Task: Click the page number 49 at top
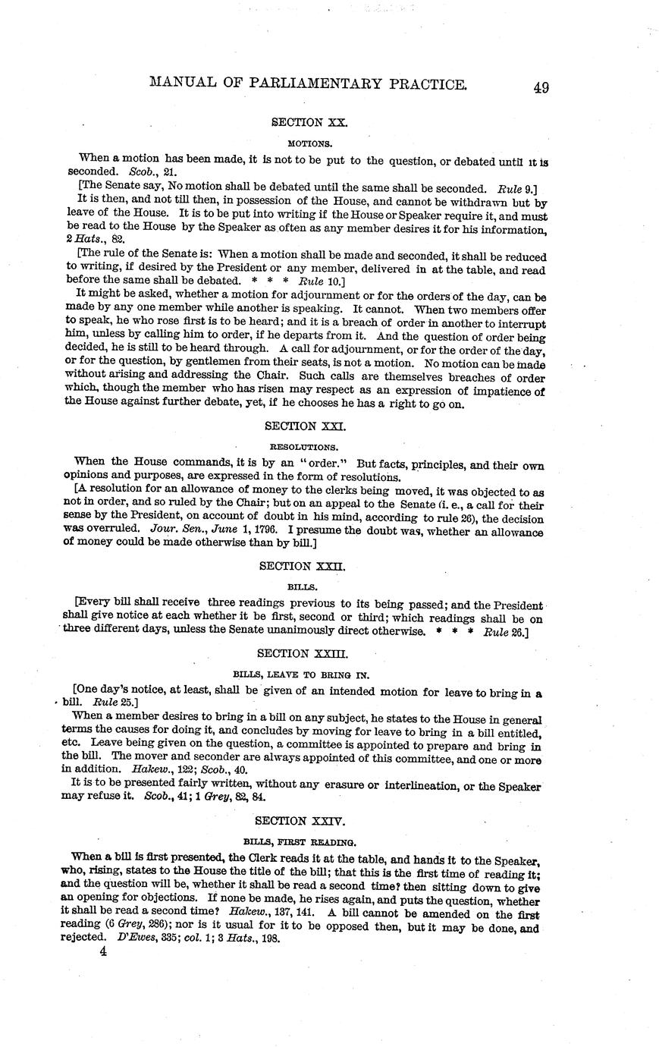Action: coord(541,87)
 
